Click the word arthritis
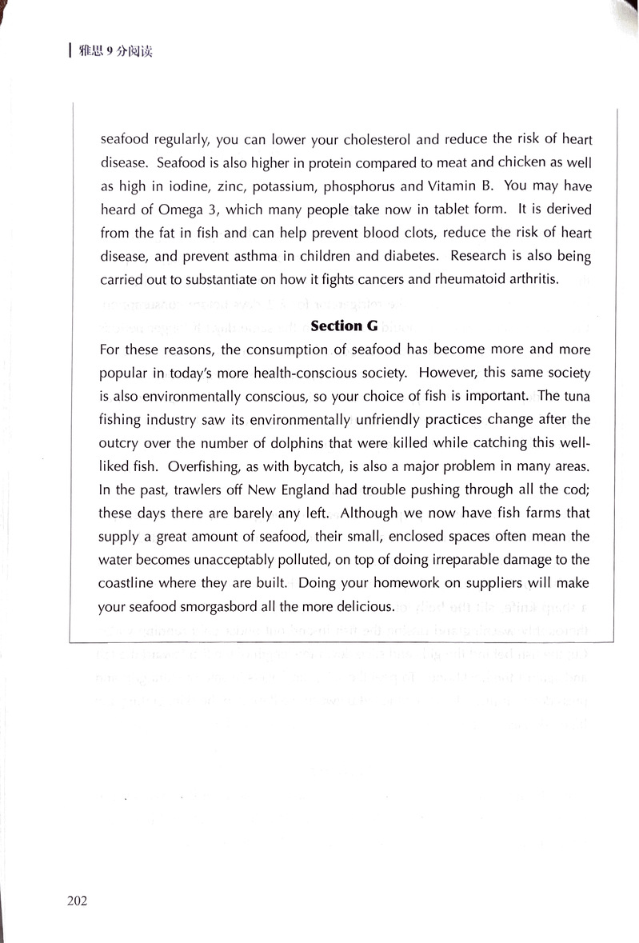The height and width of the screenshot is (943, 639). (533, 280)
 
